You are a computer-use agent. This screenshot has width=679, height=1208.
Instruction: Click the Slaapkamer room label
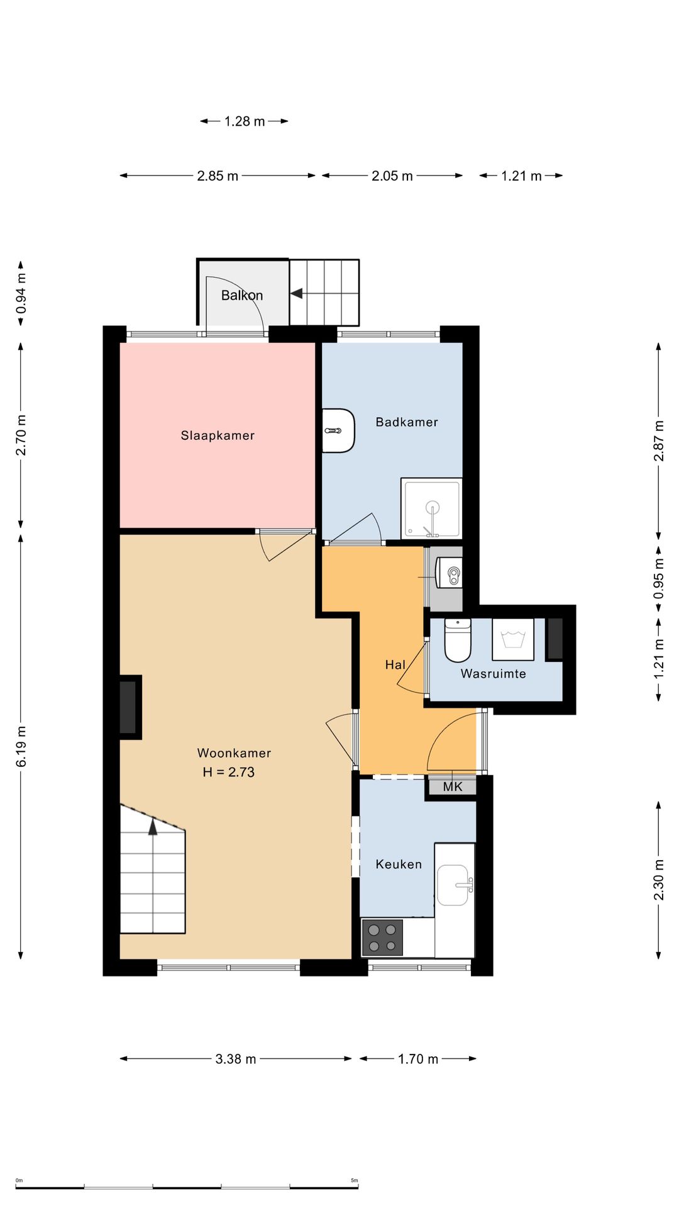pyautogui.click(x=218, y=435)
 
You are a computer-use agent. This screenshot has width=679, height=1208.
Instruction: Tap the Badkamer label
pyautogui.click(x=407, y=422)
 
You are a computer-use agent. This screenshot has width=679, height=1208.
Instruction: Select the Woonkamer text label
pyautogui.click(x=234, y=753)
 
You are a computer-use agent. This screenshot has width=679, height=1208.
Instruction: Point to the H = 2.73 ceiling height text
pyautogui.click(x=228, y=772)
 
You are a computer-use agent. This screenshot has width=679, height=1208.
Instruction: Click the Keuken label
pyautogui.click(x=399, y=864)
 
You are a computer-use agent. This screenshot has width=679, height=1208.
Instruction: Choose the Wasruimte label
pyautogui.click(x=494, y=674)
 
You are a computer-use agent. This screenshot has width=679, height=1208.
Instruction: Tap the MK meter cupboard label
pyautogui.click(x=453, y=786)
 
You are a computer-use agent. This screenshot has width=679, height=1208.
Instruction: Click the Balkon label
pyautogui.click(x=242, y=295)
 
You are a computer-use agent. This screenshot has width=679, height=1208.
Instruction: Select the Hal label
pyautogui.click(x=395, y=664)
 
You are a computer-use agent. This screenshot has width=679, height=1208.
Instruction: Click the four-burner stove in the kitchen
pyautogui.click(x=382, y=937)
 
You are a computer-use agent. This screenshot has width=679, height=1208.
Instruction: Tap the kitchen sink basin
pyautogui.click(x=453, y=885)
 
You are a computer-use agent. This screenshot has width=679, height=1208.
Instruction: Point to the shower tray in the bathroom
pyautogui.click(x=431, y=508)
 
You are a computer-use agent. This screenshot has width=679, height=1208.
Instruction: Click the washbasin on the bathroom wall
pyautogui.click(x=338, y=430)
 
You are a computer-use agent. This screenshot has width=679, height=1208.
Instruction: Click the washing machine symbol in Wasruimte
pyautogui.click(x=513, y=639)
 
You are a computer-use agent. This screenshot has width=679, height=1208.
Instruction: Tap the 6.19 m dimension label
pyautogui.click(x=21, y=746)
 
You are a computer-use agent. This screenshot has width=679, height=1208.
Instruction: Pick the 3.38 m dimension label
pyautogui.click(x=236, y=1059)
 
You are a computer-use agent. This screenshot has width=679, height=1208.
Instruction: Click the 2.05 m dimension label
pyautogui.click(x=392, y=176)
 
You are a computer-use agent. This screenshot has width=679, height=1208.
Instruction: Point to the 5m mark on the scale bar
pyautogui.click(x=355, y=1180)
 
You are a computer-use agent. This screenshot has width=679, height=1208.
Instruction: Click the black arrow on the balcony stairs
pyautogui.click(x=296, y=293)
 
